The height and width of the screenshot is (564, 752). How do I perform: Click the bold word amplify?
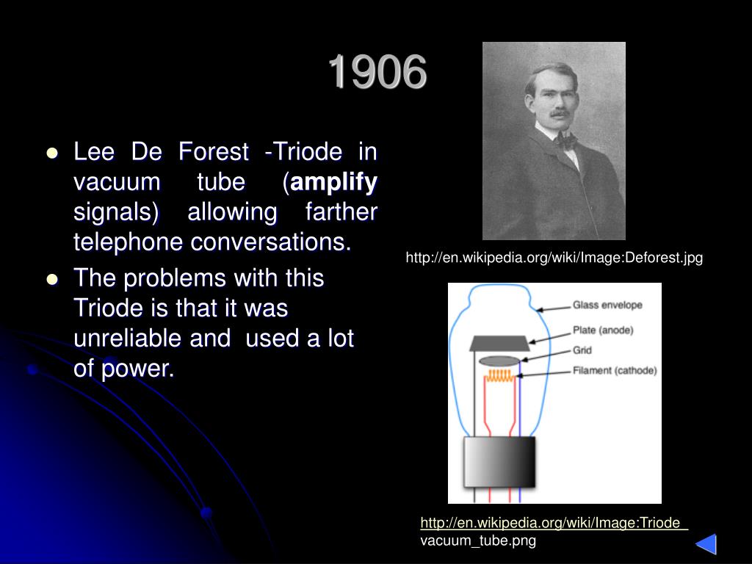(x=335, y=182)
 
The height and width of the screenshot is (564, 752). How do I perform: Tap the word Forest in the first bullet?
(x=214, y=152)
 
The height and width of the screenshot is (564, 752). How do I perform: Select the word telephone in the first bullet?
(x=129, y=242)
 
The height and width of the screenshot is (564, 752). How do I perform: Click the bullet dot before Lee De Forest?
(x=52, y=153)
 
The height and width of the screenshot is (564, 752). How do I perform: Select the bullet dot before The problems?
(x=52, y=280)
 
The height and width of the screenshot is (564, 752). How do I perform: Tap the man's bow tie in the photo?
(x=566, y=139)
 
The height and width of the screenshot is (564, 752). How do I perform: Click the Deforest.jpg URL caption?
(x=554, y=258)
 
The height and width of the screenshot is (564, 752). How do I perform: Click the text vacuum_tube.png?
(x=478, y=541)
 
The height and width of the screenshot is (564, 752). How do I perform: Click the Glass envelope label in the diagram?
(x=607, y=305)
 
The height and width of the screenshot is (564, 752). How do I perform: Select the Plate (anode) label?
(x=603, y=330)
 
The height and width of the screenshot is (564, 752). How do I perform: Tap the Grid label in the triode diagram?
(x=582, y=350)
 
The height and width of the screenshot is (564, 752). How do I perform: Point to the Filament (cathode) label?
(x=614, y=371)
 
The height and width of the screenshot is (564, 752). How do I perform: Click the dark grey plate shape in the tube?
(x=499, y=342)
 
